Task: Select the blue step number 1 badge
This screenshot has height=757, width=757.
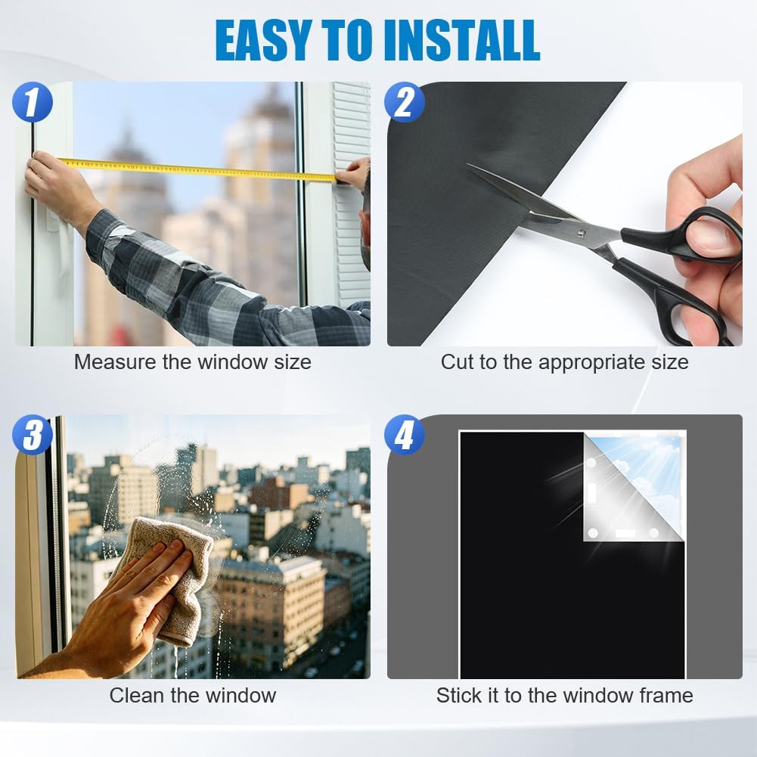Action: (33, 101)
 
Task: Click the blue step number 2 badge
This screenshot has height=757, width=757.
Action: (405, 101)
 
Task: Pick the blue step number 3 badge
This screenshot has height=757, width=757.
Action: (33, 435)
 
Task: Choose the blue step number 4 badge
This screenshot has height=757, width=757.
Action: (405, 435)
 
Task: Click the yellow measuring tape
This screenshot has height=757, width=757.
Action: (198, 169)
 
